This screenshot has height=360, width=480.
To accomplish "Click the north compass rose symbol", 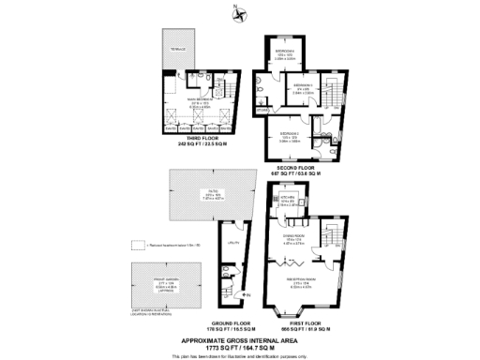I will coord(239,14).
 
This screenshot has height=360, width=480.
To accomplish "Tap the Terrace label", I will coord(179,49).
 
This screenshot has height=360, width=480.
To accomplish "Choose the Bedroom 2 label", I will coord(289,134).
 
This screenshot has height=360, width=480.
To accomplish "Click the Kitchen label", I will coord(288,199).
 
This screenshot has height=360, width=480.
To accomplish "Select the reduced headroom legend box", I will coord(138,244).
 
